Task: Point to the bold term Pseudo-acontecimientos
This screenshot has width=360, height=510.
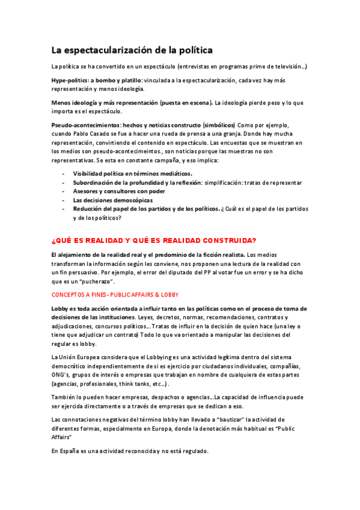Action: point(82,124)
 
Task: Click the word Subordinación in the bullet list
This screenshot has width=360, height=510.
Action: point(95,182)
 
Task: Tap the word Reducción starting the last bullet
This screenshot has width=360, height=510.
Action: point(90,209)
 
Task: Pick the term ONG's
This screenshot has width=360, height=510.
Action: point(61,375)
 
